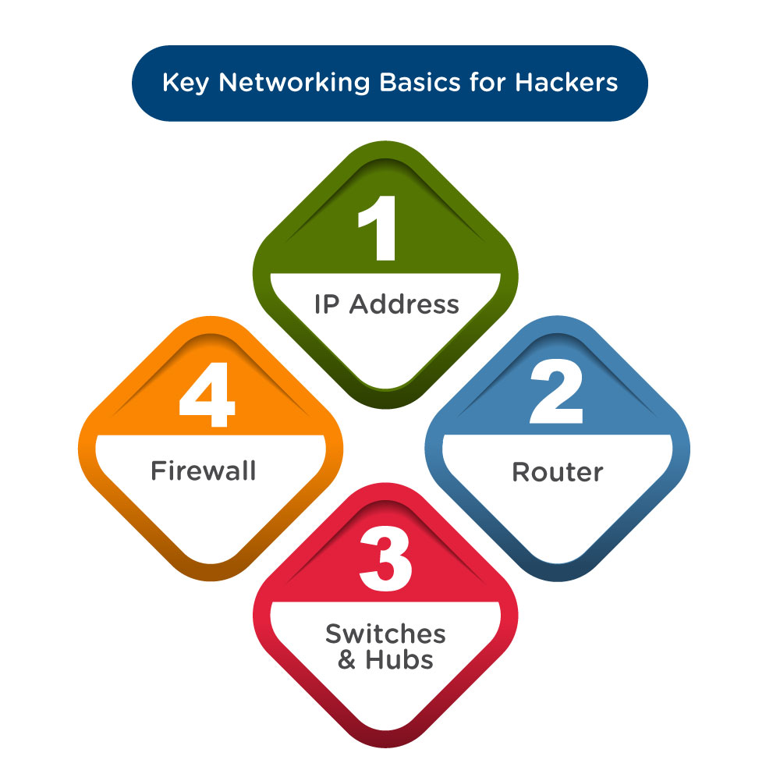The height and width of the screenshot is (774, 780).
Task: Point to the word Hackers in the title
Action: coord(567,83)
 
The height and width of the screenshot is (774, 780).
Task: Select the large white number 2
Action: coord(556,393)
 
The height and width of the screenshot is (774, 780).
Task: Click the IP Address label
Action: coord(387,304)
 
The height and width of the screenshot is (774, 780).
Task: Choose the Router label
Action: coord(557,472)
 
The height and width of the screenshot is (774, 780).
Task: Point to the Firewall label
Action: coord(203,471)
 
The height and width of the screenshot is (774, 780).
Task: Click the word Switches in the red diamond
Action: coord(385,634)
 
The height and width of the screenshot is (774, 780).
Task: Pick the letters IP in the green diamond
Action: coord(327,304)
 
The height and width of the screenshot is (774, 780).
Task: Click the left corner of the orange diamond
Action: coord(80,448)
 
